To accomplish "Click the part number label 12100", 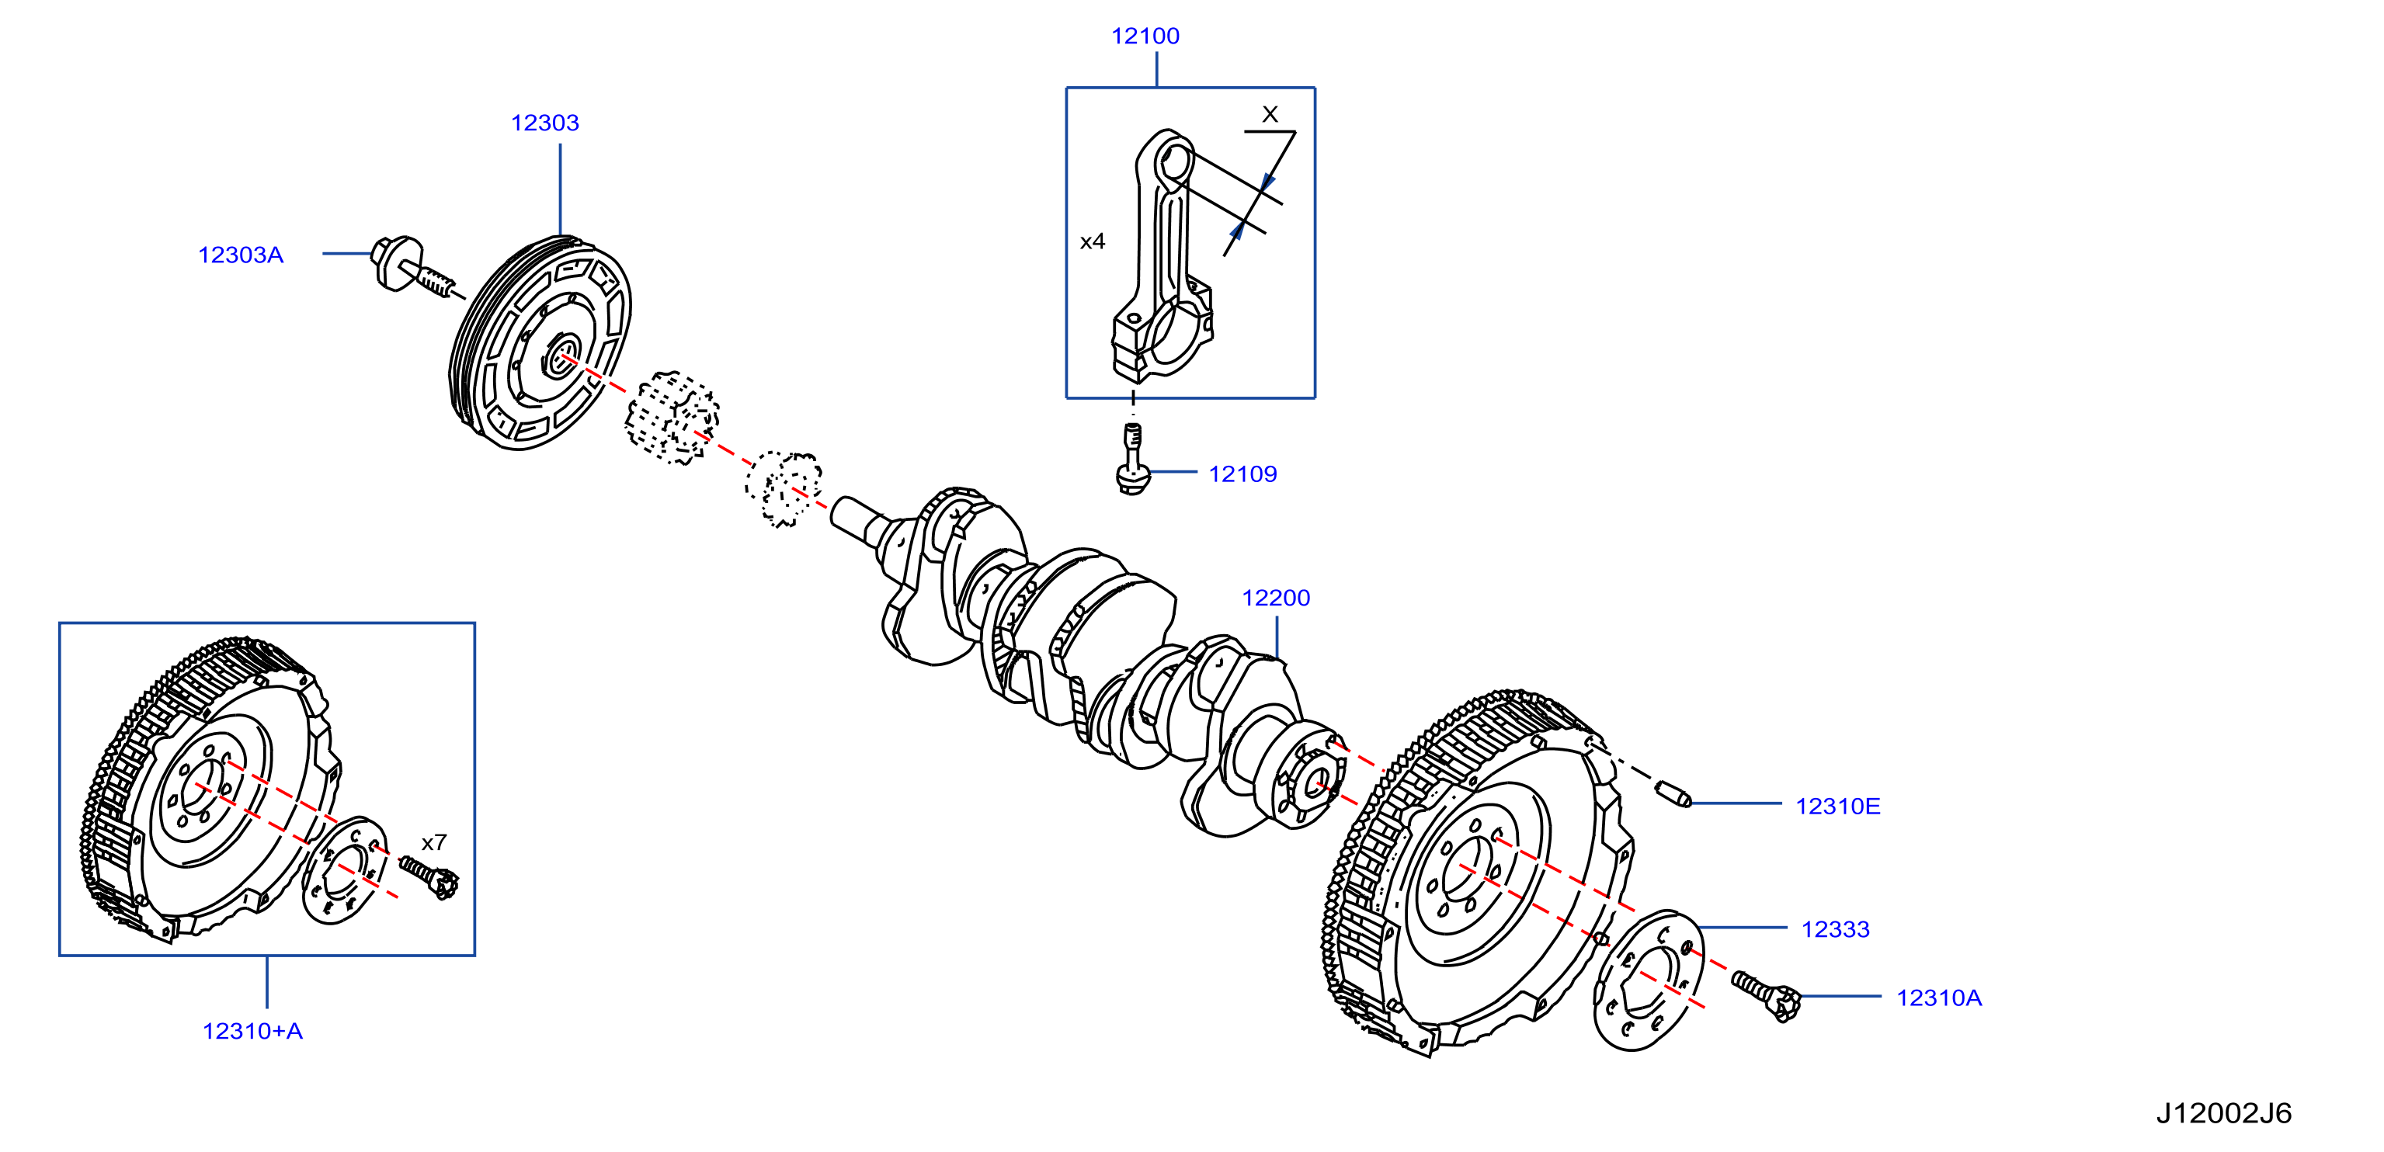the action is (x=1145, y=36).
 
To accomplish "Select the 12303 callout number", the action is (x=545, y=123).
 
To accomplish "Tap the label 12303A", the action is (x=241, y=255).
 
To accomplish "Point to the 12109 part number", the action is (x=1243, y=474).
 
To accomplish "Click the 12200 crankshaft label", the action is (x=1276, y=599).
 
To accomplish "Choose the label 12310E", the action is (x=1838, y=807).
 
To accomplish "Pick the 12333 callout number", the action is (x=1835, y=930).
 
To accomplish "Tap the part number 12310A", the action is (x=1939, y=998).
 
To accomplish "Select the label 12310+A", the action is (x=252, y=1032).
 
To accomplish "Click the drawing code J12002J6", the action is (x=2224, y=1113).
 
